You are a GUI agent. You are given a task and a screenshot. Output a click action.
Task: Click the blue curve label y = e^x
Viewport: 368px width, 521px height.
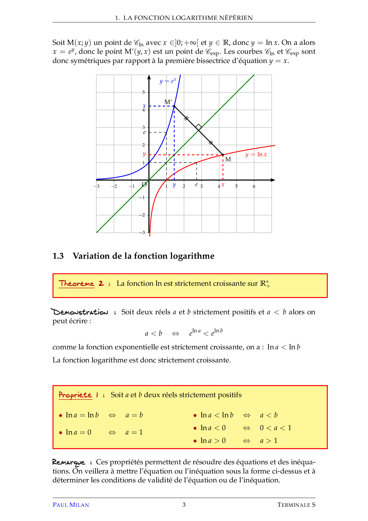[x=168, y=81]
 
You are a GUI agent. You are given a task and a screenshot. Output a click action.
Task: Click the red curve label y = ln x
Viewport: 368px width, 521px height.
[x=256, y=154]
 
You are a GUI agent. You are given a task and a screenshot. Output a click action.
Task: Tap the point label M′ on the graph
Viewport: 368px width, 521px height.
[x=168, y=102]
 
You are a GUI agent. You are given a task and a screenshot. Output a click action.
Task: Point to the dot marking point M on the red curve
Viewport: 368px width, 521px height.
[x=223, y=155]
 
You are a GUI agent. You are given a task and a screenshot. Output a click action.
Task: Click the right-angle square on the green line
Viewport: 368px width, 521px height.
[x=199, y=127]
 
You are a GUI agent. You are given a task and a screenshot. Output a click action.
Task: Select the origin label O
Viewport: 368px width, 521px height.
[x=144, y=184]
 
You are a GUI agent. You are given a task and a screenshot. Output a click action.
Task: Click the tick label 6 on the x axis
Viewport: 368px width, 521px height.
[x=254, y=187]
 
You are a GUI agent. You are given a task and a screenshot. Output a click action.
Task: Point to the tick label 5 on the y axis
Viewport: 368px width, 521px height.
[x=144, y=92]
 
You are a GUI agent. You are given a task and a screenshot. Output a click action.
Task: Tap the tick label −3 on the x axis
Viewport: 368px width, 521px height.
[x=97, y=187]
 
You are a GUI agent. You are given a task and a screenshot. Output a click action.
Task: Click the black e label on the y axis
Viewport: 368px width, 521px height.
[x=145, y=132]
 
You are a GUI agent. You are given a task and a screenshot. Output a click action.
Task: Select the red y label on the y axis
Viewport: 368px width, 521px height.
[x=144, y=154]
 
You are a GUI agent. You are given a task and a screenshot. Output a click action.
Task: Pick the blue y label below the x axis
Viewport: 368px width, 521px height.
[x=174, y=185]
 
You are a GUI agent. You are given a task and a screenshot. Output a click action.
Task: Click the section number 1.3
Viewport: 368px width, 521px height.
[x=58, y=256]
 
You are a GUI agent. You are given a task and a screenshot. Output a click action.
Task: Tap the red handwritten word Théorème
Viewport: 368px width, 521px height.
[x=76, y=283]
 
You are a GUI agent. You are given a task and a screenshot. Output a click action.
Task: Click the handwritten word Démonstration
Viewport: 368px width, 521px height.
[x=80, y=312]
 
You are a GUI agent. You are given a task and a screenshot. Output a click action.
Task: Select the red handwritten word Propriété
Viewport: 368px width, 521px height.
[x=75, y=395]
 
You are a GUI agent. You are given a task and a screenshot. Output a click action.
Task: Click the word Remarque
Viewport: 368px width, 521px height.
[x=69, y=462]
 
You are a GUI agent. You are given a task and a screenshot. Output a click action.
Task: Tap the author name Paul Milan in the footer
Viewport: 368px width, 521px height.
[x=71, y=505]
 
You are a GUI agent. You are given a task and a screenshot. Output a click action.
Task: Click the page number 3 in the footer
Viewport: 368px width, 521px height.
[x=184, y=505]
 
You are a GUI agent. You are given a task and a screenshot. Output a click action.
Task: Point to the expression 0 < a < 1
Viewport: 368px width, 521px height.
[x=275, y=428]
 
